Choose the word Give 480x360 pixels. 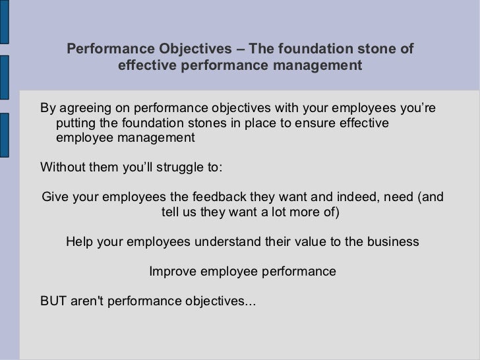(x=56, y=197)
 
